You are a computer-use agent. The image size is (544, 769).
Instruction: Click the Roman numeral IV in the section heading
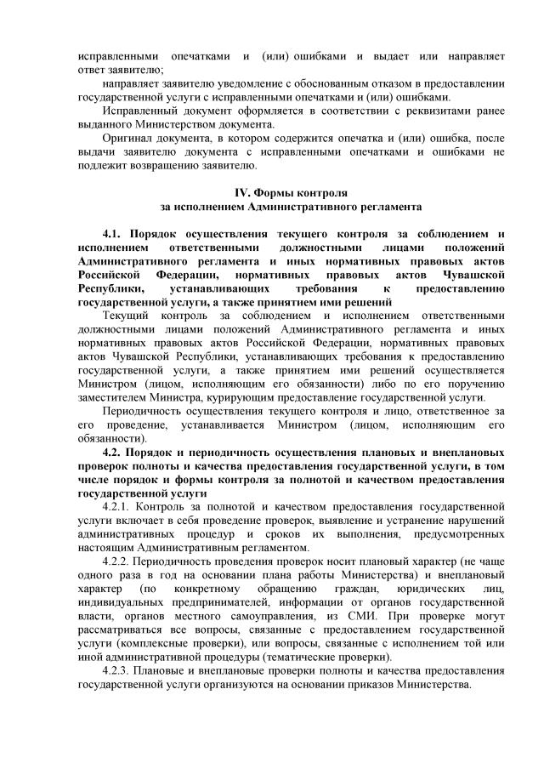point(240,192)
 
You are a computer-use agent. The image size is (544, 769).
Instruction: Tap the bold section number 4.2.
point(114,451)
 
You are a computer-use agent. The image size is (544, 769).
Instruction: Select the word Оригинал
point(125,138)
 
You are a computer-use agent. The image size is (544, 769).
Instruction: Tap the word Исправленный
point(137,111)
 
